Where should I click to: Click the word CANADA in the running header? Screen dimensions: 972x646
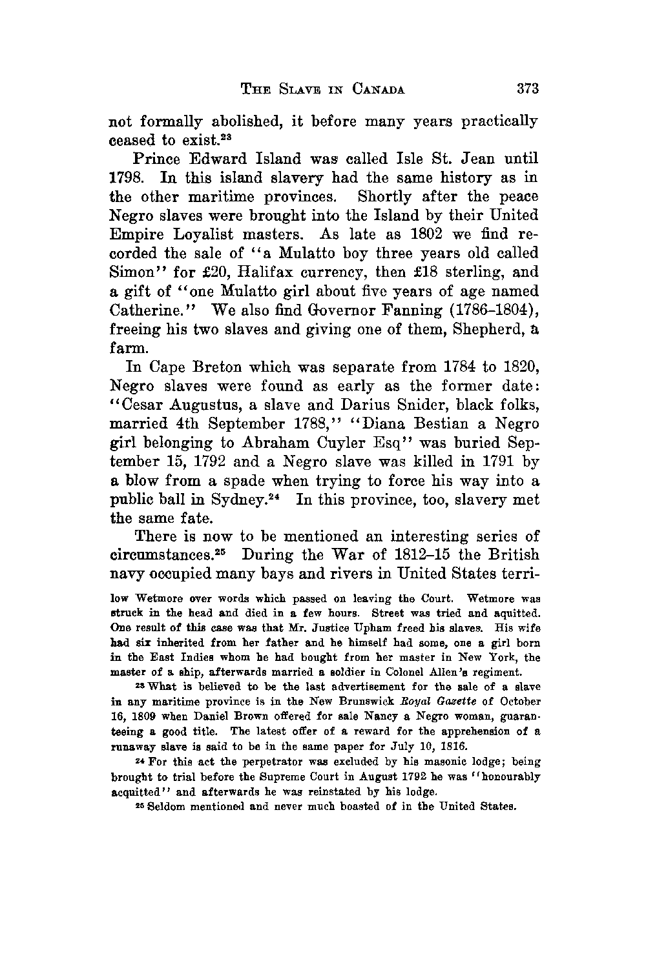pos(379,90)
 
